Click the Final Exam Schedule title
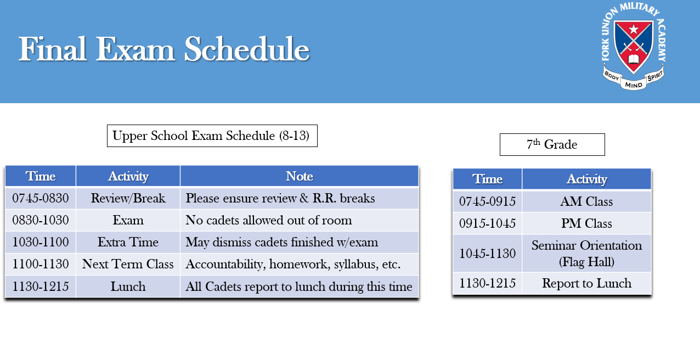pos(164,49)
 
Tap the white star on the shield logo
pos(634,30)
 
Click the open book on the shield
pos(634,59)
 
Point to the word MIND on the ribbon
pos(634,85)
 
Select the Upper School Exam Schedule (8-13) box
pos(212,136)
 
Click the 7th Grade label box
pos(552,144)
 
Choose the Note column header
pos(300,176)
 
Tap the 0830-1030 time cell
pos(40,220)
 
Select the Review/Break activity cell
pos(128,198)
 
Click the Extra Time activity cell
pos(128,242)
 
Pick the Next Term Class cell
pos(128,264)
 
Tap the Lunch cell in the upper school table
pos(128,286)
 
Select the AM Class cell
pos(586,201)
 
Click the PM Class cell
pos(586,223)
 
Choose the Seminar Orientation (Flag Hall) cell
pos(586,254)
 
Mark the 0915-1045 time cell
pos(487,223)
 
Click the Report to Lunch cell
pos(586,283)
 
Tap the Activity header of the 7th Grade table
pos(586,179)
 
